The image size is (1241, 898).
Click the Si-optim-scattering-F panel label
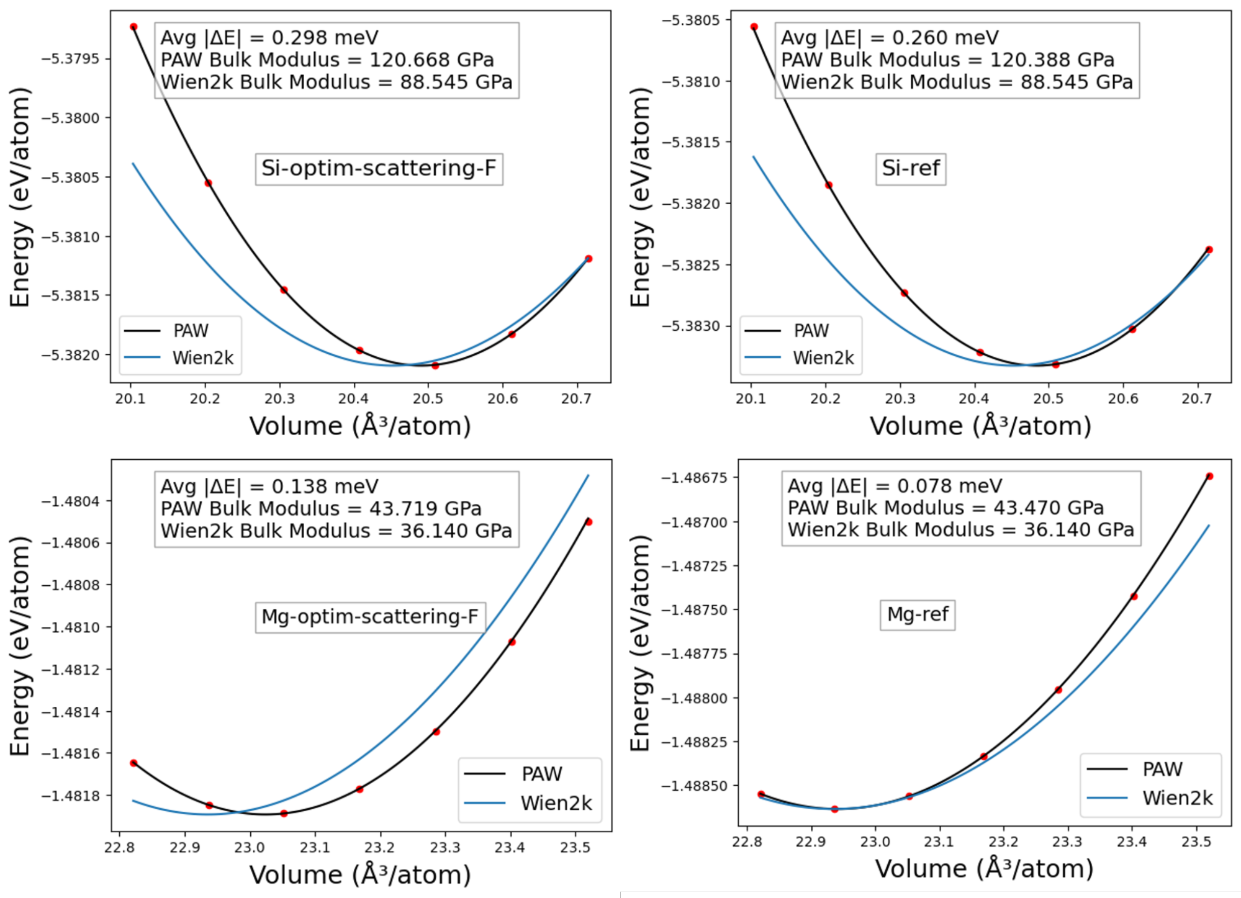(x=379, y=169)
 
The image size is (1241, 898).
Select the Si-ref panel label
(x=911, y=169)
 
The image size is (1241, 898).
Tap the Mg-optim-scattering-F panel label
(x=370, y=617)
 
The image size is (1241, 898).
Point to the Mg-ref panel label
(x=918, y=614)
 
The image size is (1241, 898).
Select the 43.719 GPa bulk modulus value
(x=425, y=509)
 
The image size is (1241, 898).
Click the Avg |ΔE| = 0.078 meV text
(x=895, y=486)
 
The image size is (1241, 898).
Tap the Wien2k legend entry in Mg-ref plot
(x=1177, y=798)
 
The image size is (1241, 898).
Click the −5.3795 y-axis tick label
(x=70, y=59)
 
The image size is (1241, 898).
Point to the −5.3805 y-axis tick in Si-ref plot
(x=690, y=20)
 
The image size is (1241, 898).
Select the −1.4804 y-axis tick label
(x=70, y=501)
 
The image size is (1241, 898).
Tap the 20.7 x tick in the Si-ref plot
(x=1197, y=398)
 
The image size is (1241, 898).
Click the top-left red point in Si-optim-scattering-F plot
(x=133, y=27)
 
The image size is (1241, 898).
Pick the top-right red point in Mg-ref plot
(x=1209, y=477)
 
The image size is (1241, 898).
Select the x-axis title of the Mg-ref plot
(x=984, y=869)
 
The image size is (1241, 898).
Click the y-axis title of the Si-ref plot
(x=641, y=197)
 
